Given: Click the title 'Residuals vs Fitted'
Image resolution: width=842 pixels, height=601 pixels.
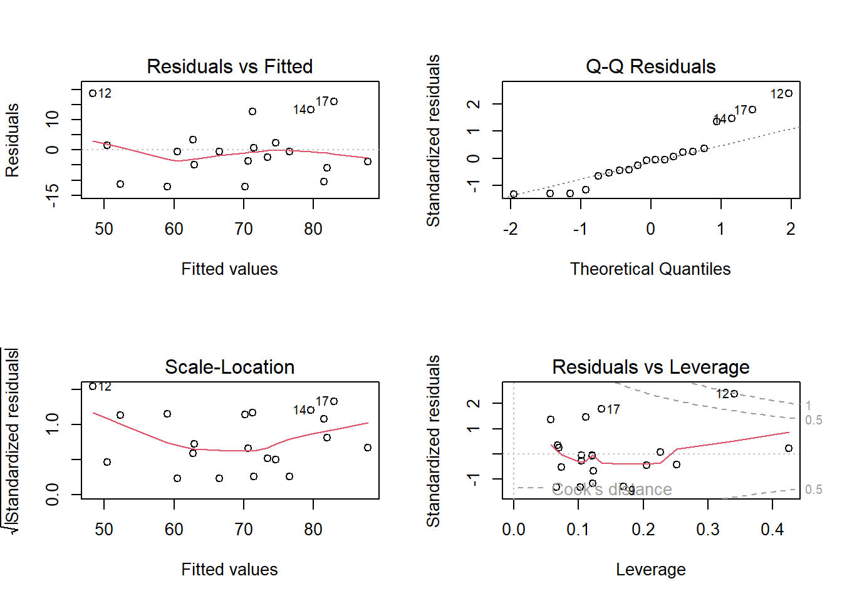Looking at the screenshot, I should pyautogui.click(x=229, y=66).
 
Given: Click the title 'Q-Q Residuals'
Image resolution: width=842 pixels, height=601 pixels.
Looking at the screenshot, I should pyautogui.click(x=650, y=66).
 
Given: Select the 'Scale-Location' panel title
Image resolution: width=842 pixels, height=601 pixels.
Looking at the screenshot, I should pyautogui.click(x=229, y=367).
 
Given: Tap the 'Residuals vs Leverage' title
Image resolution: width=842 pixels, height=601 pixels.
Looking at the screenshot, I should pyautogui.click(x=650, y=367).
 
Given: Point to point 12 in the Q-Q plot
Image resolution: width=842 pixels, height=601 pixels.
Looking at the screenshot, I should pyautogui.click(x=789, y=93).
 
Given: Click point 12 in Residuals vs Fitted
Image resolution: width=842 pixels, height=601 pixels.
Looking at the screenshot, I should pyautogui.click(x=93, y=93).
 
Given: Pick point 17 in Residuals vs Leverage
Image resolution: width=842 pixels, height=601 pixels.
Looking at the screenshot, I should pyautogui.click(x=601, y=409).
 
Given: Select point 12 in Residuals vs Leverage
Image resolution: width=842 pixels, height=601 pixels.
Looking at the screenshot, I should pyautogui.click(x=734, y=394).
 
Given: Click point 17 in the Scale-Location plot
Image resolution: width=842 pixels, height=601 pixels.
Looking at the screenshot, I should pyautogui.click(x=334, y=401).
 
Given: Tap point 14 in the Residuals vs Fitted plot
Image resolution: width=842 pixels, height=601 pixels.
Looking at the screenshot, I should pyautogui.click(x=311, y=110).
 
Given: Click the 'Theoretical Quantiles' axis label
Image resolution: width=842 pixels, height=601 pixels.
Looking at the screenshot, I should pyautogui.click(x=650, y=269).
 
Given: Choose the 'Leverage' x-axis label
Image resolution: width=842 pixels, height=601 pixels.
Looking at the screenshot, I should pyautogui.click(x=650, y=570).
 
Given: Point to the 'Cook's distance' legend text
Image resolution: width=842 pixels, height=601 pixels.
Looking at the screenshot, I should pyautogui.click(x=611, y=490).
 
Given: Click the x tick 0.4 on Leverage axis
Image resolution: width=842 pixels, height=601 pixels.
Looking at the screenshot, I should pyautogui.click(x=772, y=530).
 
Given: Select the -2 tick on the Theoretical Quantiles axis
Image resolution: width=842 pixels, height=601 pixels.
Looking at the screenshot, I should pyautogui.click(x=511, y=229).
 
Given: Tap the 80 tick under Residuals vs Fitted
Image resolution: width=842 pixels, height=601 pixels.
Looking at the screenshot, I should pyautogui.click(x=313, y=229).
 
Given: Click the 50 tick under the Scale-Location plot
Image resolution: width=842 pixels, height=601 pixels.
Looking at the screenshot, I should pyautogui.click(x=104, y=530).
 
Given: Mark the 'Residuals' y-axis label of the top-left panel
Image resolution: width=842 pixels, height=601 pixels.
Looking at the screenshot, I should pyautogui.click(x=13, y=140).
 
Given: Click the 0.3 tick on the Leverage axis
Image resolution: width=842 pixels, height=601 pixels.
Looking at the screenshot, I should pyautogui.click(x=708, y=530).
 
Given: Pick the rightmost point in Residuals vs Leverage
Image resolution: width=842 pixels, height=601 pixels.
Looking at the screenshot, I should pyautogui.click(x=789, y=448).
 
